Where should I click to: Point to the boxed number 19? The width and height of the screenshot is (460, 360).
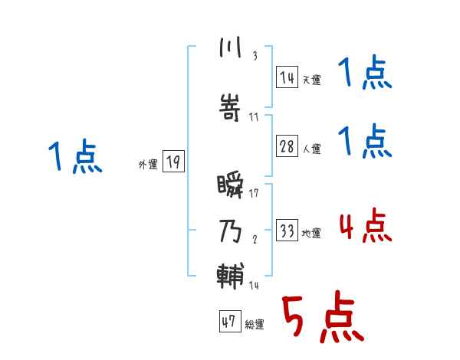coord(173,162)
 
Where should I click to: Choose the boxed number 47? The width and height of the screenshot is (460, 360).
coord(228,322)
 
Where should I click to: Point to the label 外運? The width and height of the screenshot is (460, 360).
coord(148,164)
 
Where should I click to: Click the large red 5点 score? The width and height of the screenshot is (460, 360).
coord(321,319)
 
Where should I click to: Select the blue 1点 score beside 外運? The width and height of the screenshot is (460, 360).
coord(74,158)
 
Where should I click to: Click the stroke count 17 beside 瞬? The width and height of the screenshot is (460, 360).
coord(254,193)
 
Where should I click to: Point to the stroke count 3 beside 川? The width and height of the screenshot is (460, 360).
coord(254,55)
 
